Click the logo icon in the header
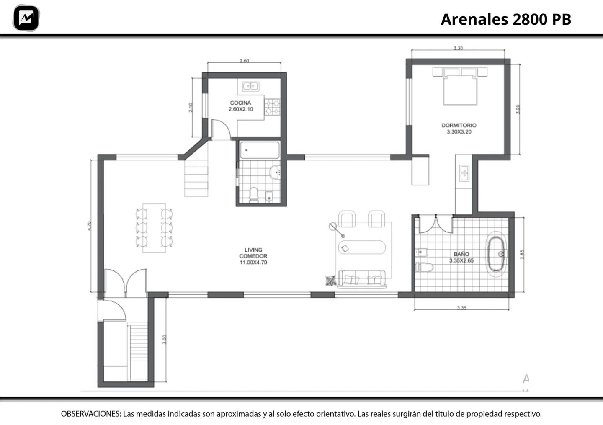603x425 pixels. (x=26, y=18)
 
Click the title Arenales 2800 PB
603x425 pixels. (x=506, y=19)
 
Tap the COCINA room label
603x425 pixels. (x=240, y=103)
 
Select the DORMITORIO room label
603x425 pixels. (x=459, y=125)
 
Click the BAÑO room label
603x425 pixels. (x=461, y=254)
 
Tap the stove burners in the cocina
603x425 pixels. (x=272, y=107)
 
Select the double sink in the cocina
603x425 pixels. (x=250, y=86)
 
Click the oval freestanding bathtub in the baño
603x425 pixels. (x=496, y=254)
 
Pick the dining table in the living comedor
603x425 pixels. (x=154, y=228)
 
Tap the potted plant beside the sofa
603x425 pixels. (x=330, y=281)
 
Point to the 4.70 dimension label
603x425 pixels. (x=89, y=226)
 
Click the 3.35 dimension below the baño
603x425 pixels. (x=461, y=308)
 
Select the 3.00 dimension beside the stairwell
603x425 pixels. (x=165, y=340)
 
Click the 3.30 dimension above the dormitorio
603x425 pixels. (x=458, y=48)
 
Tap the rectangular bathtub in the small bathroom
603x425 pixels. (x=260, y=150)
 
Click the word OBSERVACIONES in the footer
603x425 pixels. (x=91, y=414)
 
